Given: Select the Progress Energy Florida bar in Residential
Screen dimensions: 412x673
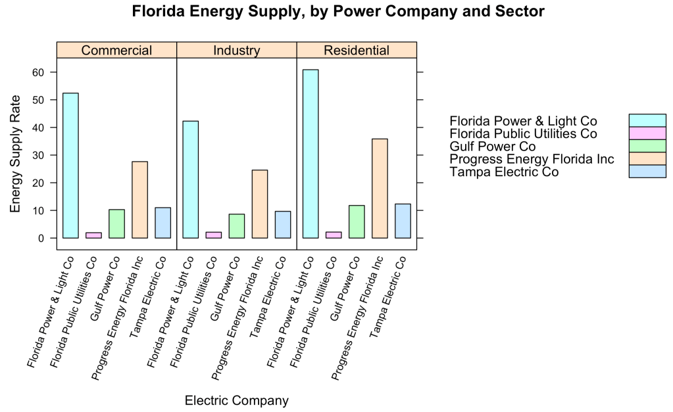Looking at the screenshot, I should tap(380, 189).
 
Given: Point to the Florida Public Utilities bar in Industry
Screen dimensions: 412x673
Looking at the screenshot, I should tap(214, 235).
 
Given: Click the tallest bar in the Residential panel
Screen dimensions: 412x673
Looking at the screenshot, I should tap(311, 154).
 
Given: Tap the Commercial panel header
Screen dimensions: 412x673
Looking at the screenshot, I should tap(117, 51).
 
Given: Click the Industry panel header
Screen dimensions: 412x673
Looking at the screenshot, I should tap(237, 51).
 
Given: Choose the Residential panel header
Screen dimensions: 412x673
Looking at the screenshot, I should tap(357, 51).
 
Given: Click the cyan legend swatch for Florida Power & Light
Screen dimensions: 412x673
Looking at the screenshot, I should tap(647, 120).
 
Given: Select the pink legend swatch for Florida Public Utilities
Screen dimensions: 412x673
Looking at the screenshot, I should tap(647, 133).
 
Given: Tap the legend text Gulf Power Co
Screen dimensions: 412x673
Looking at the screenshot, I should tap(493, 147).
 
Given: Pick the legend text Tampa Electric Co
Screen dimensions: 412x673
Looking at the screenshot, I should tap(504, 172).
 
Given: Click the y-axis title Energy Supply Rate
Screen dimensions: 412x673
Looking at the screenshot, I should tap(15, 154).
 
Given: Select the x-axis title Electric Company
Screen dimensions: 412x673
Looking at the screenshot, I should tap(237, 400).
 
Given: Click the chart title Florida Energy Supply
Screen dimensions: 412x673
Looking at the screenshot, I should tap(338, 12).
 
